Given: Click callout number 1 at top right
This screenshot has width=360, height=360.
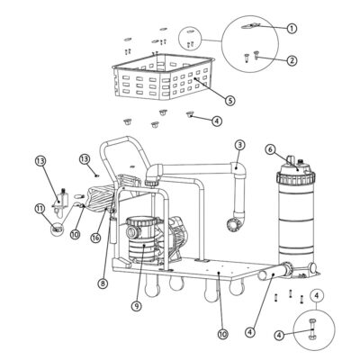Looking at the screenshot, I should [292, 29].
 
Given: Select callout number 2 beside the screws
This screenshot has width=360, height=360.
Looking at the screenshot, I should [292, 61].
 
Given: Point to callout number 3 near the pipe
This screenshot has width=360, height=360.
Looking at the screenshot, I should [239, 145].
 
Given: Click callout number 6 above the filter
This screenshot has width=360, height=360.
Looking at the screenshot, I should [270, 149].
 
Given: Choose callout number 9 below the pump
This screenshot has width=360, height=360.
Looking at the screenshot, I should [136, 305].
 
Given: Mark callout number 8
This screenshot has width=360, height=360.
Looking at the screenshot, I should [103, 283].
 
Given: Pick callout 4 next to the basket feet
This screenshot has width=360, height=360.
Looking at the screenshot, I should [217, 120].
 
